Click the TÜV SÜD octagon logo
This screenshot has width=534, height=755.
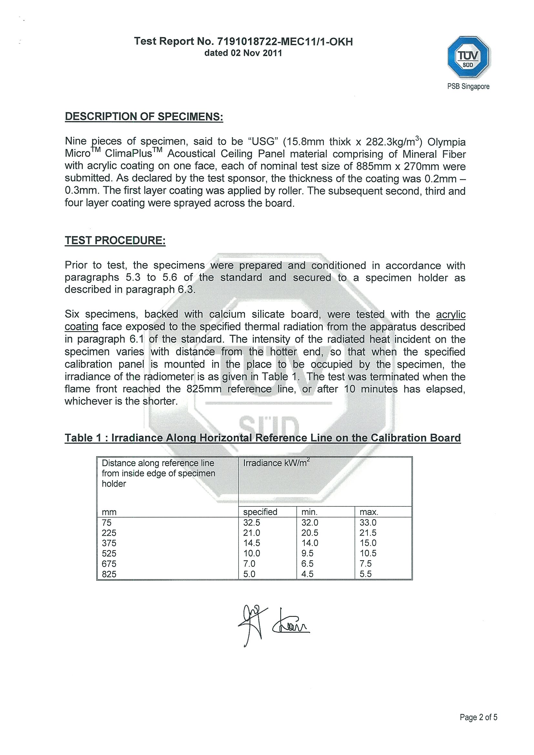[x=468, y=57]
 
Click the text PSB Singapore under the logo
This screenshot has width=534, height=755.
[x=468, y=86]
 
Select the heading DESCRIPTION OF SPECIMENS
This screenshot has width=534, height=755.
[x=144, y=116]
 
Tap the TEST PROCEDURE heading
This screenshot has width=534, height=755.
[x=115, y=240]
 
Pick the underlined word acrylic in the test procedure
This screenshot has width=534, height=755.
[x=450, y=314]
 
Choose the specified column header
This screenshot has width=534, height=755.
[x=260, y=512]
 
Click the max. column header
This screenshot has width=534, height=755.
[x=369, y=512]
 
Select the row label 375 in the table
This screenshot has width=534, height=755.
[x=109, y=543]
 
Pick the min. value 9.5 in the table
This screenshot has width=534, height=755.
[x=307, y=553]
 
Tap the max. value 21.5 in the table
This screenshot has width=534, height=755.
[x=368, y=533]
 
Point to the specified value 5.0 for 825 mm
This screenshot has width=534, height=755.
[x=249, y=574]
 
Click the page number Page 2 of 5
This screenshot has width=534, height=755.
[x=478, y=717]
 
